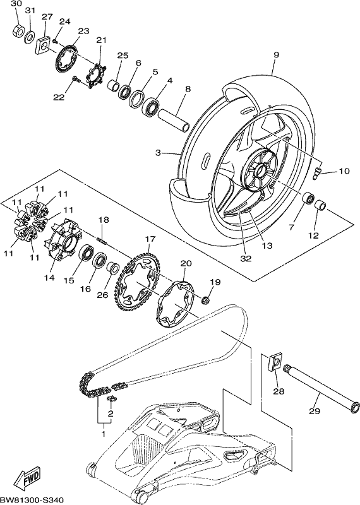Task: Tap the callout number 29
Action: [315, 411]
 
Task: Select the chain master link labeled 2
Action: [112, 400]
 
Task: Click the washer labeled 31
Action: [30, 37]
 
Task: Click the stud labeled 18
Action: [102, 241]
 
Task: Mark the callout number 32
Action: [246, 258]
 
